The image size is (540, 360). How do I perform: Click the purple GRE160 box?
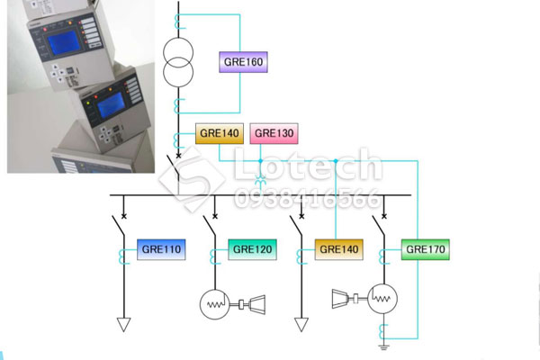point(243,62)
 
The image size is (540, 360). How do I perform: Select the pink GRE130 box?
point(274,133)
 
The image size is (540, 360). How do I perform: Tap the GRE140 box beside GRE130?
point(220,133)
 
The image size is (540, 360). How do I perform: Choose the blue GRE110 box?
point(161,249)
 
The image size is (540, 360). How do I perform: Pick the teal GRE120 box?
point(252,249)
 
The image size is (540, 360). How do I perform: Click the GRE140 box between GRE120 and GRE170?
point(339,249)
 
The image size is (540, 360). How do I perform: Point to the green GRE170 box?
point(426,249)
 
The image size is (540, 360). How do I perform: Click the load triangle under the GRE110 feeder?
point(123,325)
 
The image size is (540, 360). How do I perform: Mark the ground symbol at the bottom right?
point(383,347)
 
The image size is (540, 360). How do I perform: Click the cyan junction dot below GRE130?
point(260,161)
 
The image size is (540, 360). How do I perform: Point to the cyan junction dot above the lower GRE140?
point(336,161)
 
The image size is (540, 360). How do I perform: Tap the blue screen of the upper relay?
point(64,42)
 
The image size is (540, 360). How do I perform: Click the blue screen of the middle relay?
point(111,104)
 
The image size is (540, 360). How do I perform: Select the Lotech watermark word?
point(308,164)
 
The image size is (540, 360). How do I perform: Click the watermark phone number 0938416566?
point(308,198)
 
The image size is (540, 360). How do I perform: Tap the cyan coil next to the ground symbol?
point(382,332)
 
